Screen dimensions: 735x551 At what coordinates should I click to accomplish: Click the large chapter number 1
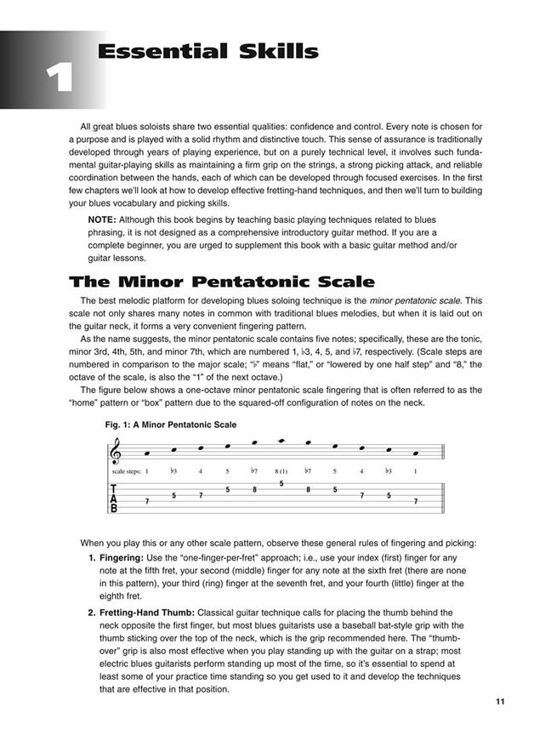[x=58, y=78]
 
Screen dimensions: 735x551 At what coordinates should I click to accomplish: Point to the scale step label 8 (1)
[x=281, y=470]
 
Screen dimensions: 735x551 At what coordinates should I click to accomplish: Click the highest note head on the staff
[x=281, y=441]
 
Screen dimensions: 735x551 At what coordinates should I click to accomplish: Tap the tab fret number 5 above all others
[x=281, y=484]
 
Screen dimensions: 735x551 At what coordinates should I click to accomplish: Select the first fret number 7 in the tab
[x=147, y=502]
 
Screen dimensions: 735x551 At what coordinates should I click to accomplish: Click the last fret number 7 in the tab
[x=415, y=502]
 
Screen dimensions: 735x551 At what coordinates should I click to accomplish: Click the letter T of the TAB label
[x=114, y=489]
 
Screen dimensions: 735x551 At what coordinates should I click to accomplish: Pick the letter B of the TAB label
[x=114, y=508]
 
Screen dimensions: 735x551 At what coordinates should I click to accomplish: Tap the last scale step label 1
[x=415, y=470]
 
